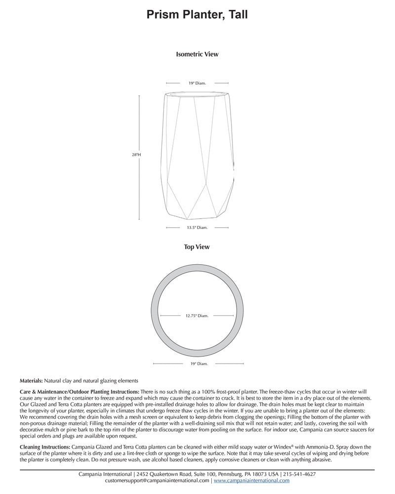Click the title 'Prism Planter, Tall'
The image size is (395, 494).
tap(197, 15)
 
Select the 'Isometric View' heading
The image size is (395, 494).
tap(197, 54)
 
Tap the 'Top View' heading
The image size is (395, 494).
tap(197, 247)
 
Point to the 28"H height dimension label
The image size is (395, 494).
tap(136, 155)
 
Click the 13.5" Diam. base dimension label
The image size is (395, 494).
tap(197, 228)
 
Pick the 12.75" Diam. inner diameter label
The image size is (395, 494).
tap(197, 315)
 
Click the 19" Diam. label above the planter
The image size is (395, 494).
tap(197, 83)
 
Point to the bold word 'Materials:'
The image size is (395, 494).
tap(31, 381)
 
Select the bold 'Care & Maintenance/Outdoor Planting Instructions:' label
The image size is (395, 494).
tap(79, 391)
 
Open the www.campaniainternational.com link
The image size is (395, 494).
tap(251, 480)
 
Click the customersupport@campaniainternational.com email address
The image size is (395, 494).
tap(158, 480)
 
